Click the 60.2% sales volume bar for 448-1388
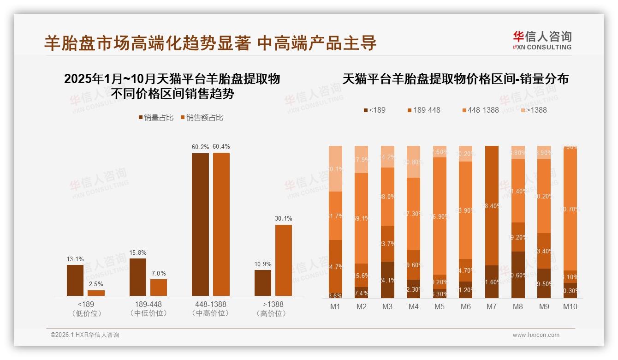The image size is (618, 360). pyautogui.click(x=200, y=224)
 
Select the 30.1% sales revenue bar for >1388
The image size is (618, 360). pyautogui.click(x=284, y=260)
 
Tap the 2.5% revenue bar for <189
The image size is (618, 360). pyautogui.click(x=96, y=293)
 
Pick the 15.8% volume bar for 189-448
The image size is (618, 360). pyautogui.click(x=138, y=277)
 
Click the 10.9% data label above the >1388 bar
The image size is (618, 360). pyautogui.click(x=263, y=264)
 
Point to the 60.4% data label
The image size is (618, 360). pyautogui.click(x=221, y=147)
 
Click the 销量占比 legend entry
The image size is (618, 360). pyautogui.click(x=156, y=118)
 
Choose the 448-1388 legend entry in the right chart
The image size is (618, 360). pyautogui.click(x=480, y=110)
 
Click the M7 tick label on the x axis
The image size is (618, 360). pyautogui.click(x=492, y=307)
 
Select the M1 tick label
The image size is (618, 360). pyautogui.click(x=335, y=307)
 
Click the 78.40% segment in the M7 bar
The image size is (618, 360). pyautogui.click(x=492, y=205)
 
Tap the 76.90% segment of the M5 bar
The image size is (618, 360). pyautogui.click(x=440, y=216)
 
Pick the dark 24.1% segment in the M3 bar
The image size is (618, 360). pyautogui.click(x=387, y=280)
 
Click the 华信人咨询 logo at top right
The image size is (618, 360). pyautogui.click(x=542, y=40)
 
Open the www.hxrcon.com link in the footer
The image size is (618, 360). pyautogui.click(x=536, y=335)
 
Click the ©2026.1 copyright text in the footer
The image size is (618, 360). pyautogui.click(x=85, y=335)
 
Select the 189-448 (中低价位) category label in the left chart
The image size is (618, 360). pyautogui.click(x=148, y=309)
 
